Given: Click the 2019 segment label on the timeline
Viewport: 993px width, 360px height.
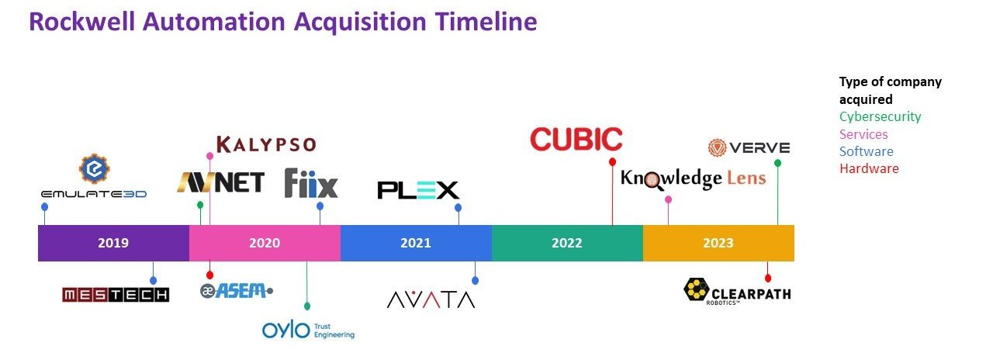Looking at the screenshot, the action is point(113,243).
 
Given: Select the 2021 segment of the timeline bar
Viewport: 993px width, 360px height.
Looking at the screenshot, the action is point(416,243).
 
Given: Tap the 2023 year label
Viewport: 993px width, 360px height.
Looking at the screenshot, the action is point(718,243).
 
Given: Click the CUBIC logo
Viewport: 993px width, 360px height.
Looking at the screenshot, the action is point(576,139).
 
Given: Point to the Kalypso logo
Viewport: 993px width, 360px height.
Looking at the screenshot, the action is point(266,144).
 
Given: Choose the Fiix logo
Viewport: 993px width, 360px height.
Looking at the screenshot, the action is point(311,182).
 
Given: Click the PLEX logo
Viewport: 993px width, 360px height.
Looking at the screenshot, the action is point(418,190).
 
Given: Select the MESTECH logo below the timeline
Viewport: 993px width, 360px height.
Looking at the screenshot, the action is point(116,295).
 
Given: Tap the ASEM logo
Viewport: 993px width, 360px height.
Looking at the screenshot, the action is point(237,291).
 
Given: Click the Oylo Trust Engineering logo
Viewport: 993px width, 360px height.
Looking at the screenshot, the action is point(308,331).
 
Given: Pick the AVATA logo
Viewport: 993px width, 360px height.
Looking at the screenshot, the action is point(431,299).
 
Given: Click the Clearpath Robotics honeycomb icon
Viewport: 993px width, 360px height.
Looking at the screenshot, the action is point(697,289).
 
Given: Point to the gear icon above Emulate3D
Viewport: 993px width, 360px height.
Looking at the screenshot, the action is point(95,169).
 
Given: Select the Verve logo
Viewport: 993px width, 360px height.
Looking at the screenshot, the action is point(749,147).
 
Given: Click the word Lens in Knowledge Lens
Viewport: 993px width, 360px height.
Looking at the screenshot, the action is point(746,178).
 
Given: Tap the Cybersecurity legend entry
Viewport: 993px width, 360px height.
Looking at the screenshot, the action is point(880,116).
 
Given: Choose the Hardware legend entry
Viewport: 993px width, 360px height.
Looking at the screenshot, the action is point(869,168).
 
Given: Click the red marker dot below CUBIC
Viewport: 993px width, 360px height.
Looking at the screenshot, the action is point(612,162).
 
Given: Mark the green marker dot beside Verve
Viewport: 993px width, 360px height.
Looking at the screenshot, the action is point(777,163).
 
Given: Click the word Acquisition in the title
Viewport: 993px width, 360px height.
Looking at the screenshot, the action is point(360,22).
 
